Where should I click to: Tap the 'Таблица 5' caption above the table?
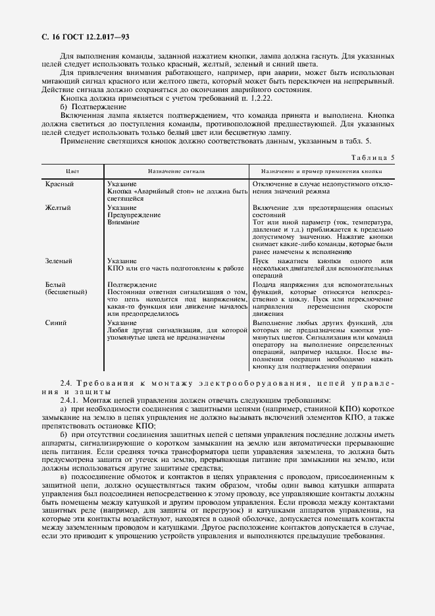(x=374, y=158)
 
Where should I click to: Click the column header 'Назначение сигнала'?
(x=176, y=171)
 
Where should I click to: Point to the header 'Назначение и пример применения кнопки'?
(x=323, y=171)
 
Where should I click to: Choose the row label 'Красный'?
(x=59, y=184)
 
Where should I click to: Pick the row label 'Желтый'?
(x=58, y=208)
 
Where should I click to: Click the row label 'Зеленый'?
(x=59, y=261)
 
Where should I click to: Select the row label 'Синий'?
(x=56, y=323)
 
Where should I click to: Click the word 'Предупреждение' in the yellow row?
(x=132, y=215)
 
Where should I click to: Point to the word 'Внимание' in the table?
(x=123, y=222)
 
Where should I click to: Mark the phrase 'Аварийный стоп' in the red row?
(x=157, y=192)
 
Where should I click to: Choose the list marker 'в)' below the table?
(x=63, y=476)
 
